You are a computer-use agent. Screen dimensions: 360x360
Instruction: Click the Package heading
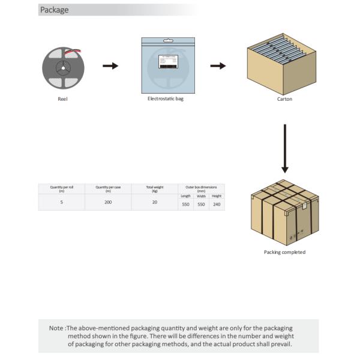(55, 10)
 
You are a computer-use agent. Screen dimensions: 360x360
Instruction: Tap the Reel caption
(62, 99)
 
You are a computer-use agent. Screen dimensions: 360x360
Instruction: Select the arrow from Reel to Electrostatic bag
(110, 65)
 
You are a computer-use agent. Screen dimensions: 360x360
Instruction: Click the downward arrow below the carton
(285, 148)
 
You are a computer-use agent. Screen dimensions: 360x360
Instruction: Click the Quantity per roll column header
(62, 188)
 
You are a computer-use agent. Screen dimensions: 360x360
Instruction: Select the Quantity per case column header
(108, 188)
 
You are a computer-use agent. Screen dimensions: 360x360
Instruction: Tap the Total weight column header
(155, 188)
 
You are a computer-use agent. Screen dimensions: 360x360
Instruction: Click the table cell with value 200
(108, 203)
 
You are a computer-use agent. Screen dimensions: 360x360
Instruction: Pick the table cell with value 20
(155, 203)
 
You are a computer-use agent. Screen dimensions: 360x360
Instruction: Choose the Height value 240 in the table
(217, 204)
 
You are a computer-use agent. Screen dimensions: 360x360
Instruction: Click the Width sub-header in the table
(202, 196)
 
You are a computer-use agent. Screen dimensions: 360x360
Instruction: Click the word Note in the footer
(56, 328)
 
